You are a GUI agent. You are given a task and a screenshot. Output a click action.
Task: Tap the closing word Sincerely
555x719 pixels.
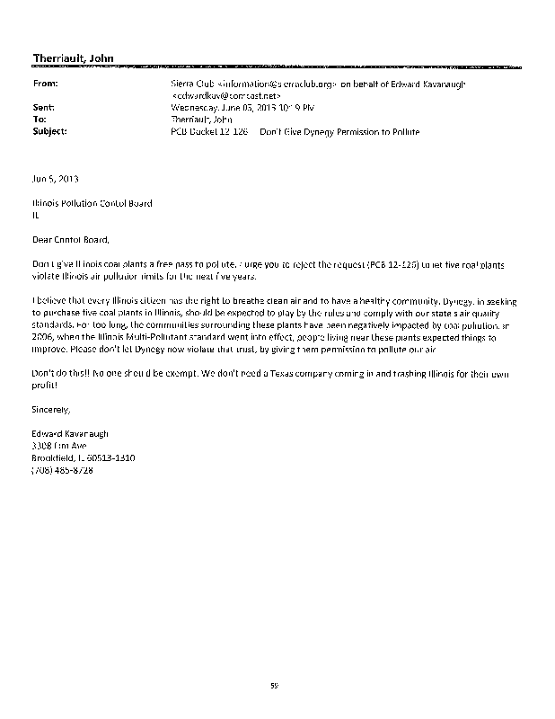pos(50,409)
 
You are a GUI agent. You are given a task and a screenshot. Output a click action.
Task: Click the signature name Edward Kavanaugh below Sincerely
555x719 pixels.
pos(69,432)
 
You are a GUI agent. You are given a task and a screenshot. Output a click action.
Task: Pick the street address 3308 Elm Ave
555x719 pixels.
pos(58,445)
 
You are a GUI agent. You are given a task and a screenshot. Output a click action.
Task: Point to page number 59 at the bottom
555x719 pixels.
pos(276,686)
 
